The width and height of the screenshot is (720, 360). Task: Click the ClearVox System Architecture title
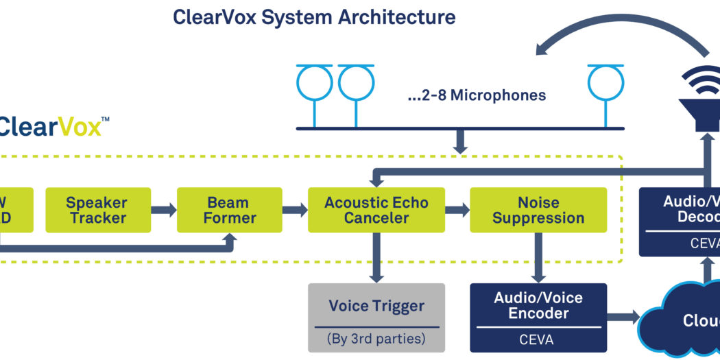pos(314,17)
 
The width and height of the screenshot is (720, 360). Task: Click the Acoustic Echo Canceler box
pos(376,210)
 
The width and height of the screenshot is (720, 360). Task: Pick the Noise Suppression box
pos(538,210)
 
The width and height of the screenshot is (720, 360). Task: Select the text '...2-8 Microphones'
pos(477,95)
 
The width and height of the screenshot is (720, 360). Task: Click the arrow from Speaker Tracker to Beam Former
pos(164,210)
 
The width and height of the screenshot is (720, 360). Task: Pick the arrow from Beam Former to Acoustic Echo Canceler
pos(295,210)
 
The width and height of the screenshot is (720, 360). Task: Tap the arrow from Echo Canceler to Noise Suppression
pos(457,210)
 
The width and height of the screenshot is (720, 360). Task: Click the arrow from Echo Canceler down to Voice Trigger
pos(376,257)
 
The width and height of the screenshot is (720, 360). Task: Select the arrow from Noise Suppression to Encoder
pos(538,257)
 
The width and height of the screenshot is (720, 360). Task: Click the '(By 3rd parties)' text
pos(376,338)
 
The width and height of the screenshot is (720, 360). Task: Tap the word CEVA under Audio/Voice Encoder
pos(538,339)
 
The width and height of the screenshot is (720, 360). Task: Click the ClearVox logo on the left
pos(51,126)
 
